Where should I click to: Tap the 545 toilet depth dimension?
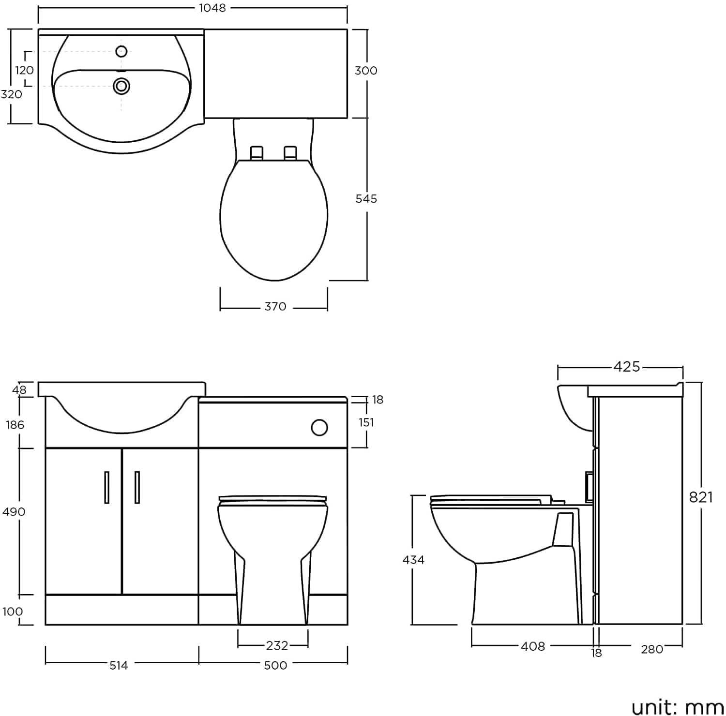(x=366, y=198)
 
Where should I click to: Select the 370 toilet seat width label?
(x=275, y=307)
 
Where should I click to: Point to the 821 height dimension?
(x=701, y=497)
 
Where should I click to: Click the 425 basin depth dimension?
(x=626, y=367)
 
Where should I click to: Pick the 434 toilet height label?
(x=413, y=560)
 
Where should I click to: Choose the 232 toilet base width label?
(x=277, y=645)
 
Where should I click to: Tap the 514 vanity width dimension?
(x=118, y=666)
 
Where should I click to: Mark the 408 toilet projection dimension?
(x=532, y=646)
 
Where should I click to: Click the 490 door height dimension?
(x=14, y=512)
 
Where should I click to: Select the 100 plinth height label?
(x=13, y=612)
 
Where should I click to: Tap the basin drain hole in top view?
(x=121, y=86)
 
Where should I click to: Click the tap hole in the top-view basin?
(x=121, y=51)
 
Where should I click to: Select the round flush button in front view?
(x=319, y=428)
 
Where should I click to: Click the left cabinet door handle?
(x=106, y=488)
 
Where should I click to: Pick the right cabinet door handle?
(x=137, y=488)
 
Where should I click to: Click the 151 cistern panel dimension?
(x=366, y=422)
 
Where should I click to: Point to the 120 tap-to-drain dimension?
(x=24, y=70)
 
